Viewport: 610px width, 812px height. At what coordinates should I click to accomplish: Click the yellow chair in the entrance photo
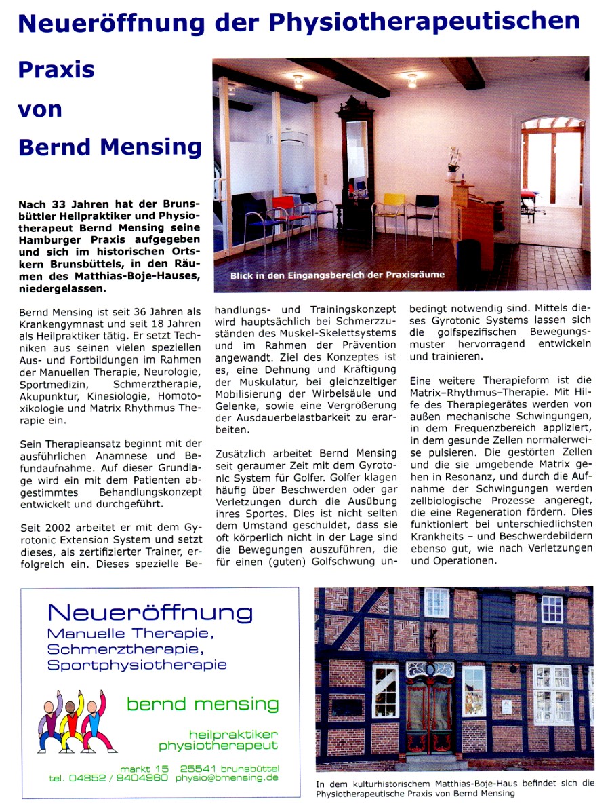(391, 210)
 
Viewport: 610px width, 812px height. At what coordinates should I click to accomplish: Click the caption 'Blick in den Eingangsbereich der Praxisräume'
(338, 275)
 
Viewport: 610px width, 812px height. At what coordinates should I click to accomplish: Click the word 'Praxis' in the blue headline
(56, 70)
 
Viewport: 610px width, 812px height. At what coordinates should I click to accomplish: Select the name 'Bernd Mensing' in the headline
(110, 147)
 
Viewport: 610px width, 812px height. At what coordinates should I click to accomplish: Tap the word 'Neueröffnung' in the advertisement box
(150, 613)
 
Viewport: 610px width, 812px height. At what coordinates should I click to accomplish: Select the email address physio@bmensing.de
(226, 778)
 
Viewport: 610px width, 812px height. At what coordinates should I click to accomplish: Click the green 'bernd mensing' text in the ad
(203, 704)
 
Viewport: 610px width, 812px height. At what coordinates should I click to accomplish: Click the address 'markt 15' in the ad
(144, 768)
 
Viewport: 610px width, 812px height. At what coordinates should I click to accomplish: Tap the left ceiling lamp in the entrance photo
(298, 81)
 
